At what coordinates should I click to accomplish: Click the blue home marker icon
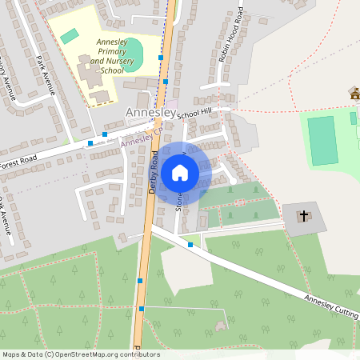180,172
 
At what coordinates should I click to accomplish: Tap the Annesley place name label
150,114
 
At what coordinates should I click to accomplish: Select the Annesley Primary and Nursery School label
111,55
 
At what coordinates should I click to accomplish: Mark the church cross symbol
304,215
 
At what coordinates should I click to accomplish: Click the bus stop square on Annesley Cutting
190,244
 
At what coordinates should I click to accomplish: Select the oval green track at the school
133,55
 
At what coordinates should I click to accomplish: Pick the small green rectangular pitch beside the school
70,36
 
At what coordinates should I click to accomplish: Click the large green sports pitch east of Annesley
323,140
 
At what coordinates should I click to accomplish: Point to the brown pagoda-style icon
354,94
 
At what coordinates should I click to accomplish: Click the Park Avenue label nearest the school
45,74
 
